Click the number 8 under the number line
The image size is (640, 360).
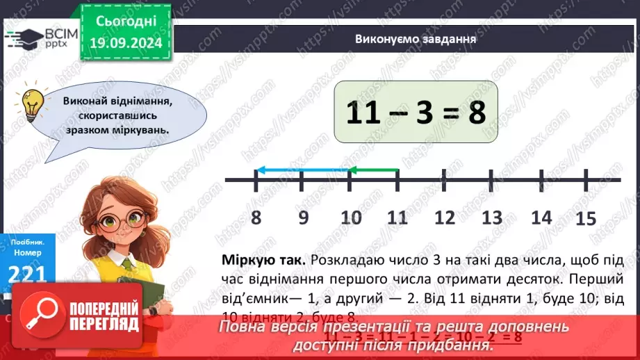click(256, 218)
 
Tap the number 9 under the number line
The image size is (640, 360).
click(303, 218)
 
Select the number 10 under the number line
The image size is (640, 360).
click(352, 218)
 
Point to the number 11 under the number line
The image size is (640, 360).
click(397, 218)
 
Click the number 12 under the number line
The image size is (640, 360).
click(444, 218)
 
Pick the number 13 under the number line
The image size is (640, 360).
click(492, 218)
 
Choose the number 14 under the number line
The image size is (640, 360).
click(541, 218)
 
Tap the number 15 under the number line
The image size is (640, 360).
click(586, 219)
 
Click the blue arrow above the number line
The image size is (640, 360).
click(302, 169)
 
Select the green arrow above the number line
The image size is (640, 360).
click(373, 169)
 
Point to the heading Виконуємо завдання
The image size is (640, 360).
click(415, 39)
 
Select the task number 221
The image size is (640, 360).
click(28, 274)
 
